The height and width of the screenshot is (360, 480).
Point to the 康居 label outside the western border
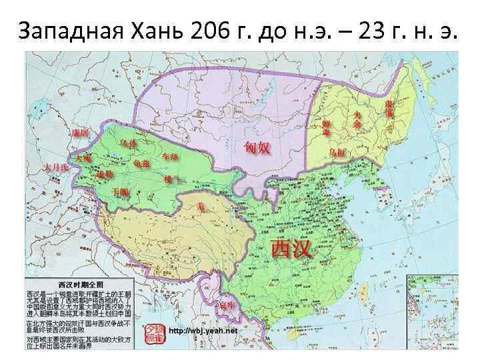click(x=80, y=133)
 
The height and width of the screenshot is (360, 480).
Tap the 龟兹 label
click(x=141, y=163)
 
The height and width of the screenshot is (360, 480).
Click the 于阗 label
click(x=120, y=191)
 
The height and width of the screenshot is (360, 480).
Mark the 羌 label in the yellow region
click(x=199, y=207)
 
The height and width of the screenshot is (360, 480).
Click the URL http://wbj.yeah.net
click(x=204, y=331)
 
